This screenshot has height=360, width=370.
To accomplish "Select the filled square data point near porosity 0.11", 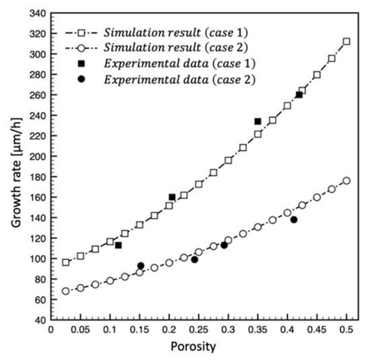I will point(118,245).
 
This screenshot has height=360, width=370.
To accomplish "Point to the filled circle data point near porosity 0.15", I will point(141,266).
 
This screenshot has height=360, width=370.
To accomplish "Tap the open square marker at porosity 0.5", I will point(346,42).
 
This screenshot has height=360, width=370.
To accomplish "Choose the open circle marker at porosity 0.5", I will point(346,180).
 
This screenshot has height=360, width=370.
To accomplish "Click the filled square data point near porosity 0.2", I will point(172,197).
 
